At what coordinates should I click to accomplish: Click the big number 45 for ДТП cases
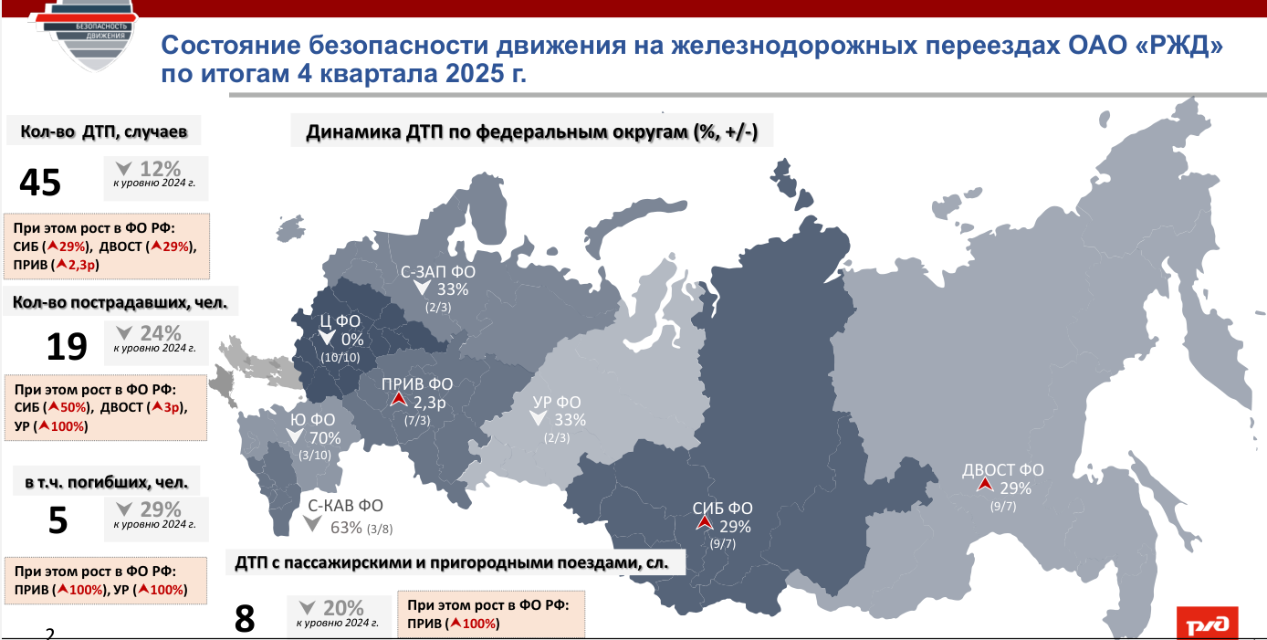click(40, 183)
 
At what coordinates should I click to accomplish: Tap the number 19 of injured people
click(67, 347)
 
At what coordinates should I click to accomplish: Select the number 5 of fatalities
click(57, 520)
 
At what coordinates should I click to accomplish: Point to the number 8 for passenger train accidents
click(245, 619)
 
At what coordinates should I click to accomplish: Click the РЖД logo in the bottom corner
click(1208, 624)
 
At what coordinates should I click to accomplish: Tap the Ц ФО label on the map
click(338, 320)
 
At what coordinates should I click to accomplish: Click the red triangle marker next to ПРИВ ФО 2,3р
click(397, 400)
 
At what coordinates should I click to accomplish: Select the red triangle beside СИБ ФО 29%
click(703, 523)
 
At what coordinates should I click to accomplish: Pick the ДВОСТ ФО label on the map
click(1002, 471)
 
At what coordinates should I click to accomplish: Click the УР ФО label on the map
click(557, 402)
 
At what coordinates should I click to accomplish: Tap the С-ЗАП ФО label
click(438, 271)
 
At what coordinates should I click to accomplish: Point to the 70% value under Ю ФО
click(325, 437)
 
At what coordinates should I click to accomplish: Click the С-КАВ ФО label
click(344, 506)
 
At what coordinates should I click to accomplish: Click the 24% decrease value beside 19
click(161, 333)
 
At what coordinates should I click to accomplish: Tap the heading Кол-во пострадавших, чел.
click(119, 300)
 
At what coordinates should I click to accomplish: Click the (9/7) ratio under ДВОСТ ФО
click(1002, 506)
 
